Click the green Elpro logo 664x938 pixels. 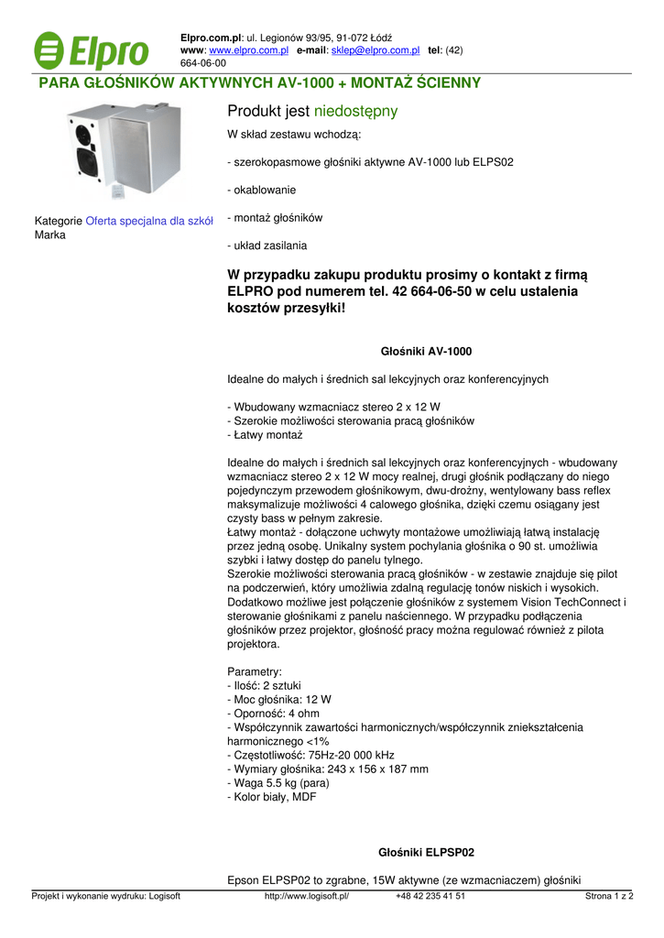click(x=92, y=50)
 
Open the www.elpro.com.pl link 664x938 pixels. click(x=248, y=50)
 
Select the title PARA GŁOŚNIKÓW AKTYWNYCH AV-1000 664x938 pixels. click(x=258, y=83)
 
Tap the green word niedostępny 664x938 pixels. click(x=355, y=112)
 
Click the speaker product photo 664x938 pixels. click(x=124, y=151)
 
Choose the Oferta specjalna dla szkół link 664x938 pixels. click(x=149, y=221)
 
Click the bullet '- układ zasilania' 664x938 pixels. click(x=267, y=245)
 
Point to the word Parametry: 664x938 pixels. click(x=255, y=671)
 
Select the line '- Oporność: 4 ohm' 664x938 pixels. click(x=273, y=713)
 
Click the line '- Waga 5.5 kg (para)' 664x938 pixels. click(x=278, y=783)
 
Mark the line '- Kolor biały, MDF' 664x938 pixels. click(x=272, y=797)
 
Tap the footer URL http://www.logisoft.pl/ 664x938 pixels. click(x=307, y=897)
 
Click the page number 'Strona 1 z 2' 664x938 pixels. click(x=609, y=897)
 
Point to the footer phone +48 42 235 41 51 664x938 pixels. click(x=430, y=897)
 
